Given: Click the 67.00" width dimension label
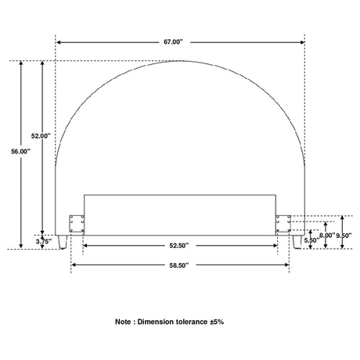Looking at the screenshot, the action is click(x=173, y=42).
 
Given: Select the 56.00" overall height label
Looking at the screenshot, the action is click(x=20, y=151).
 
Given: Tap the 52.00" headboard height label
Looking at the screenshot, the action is click(x=41, y=136).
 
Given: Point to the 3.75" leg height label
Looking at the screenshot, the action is click(x=44, y=242).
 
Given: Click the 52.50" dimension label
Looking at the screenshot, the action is click(x=179, y=246).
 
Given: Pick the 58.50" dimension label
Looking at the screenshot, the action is click(x=179, y=265).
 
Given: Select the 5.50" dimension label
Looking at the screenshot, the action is click(x=311, y=240).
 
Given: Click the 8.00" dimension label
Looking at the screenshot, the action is click(x=327, y=236).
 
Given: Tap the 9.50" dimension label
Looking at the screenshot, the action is click(x=344, y=236).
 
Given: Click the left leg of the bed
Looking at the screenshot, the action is click(x=63, y=242).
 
